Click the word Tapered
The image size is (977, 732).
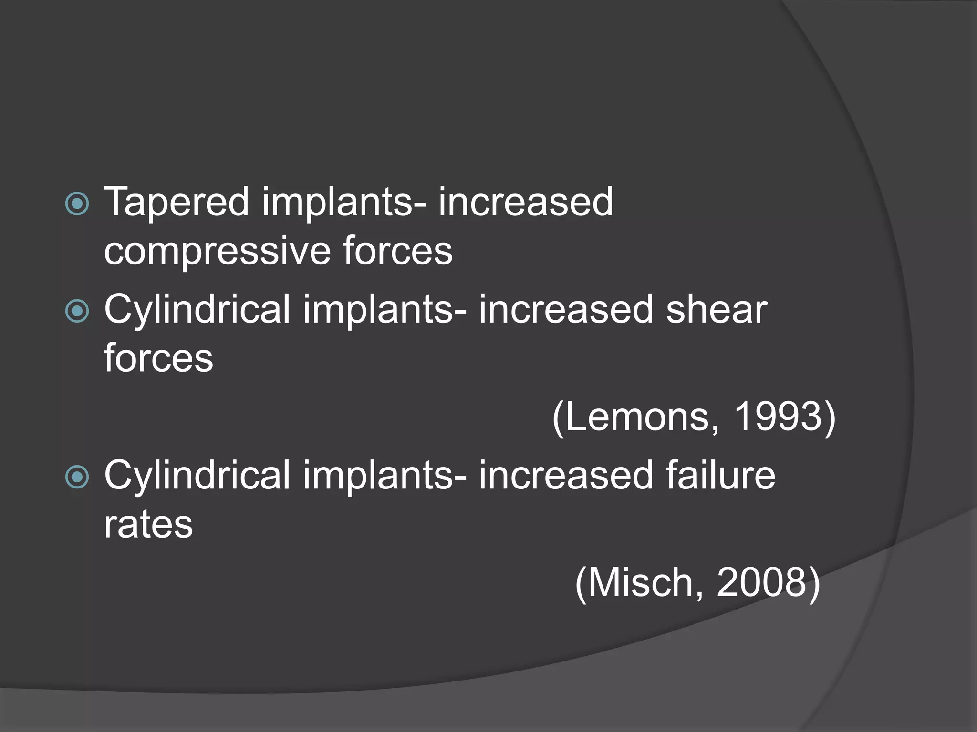(176, 203)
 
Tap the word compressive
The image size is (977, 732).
(217, 252)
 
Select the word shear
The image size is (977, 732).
(716, 310)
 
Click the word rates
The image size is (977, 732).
(148, 525)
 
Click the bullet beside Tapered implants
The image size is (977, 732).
(77, 204)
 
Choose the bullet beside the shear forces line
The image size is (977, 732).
(77, 311)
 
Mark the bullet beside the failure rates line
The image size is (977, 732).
(77, 477)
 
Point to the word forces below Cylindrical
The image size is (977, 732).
(158, 359)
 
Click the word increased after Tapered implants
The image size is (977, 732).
(525, 202)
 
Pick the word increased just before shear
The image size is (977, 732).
(566, 310)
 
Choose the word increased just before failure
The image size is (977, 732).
(566, 476)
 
